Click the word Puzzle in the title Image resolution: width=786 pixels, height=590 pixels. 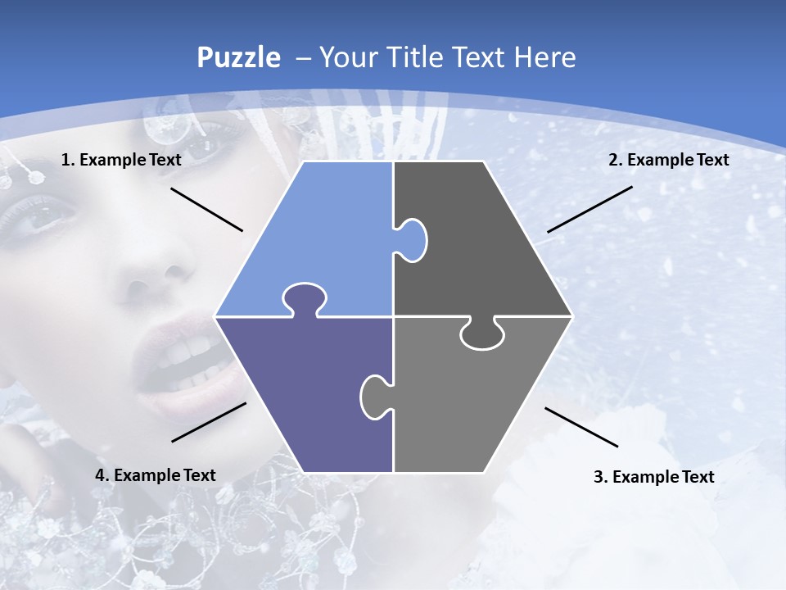[238, 58]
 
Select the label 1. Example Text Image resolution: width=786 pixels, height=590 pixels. [121, 160]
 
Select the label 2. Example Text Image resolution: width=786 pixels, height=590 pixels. [668, 160]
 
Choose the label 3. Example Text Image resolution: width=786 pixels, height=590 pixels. [653, 477]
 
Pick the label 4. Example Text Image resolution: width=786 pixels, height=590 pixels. [156, 475]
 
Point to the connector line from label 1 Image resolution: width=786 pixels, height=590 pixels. [206, 210]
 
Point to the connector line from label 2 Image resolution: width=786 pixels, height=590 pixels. [589, 209]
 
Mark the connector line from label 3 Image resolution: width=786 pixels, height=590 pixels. [581, 427]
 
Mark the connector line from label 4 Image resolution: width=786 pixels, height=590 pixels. [209, 422]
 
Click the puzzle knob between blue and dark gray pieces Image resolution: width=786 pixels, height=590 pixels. [412, 239]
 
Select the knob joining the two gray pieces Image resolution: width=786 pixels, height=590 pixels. [482, 334]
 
